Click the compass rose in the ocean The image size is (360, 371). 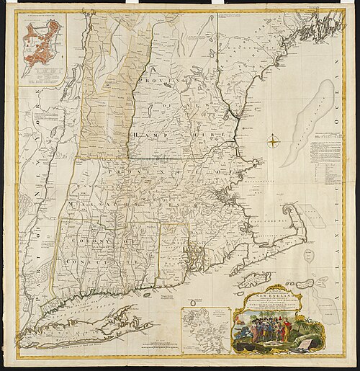click(x=274, y=141)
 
